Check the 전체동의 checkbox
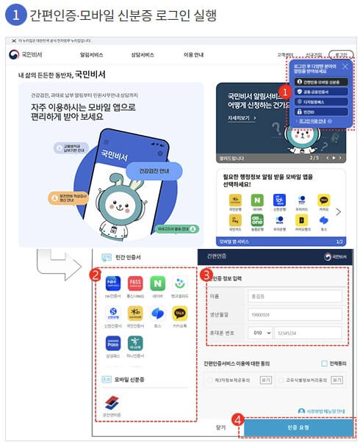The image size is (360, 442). point(324,363)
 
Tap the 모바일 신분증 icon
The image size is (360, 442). point(112,401)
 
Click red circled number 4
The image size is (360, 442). point(237,420)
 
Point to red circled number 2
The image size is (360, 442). point(94,275)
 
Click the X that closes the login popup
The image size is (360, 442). point(347,65)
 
